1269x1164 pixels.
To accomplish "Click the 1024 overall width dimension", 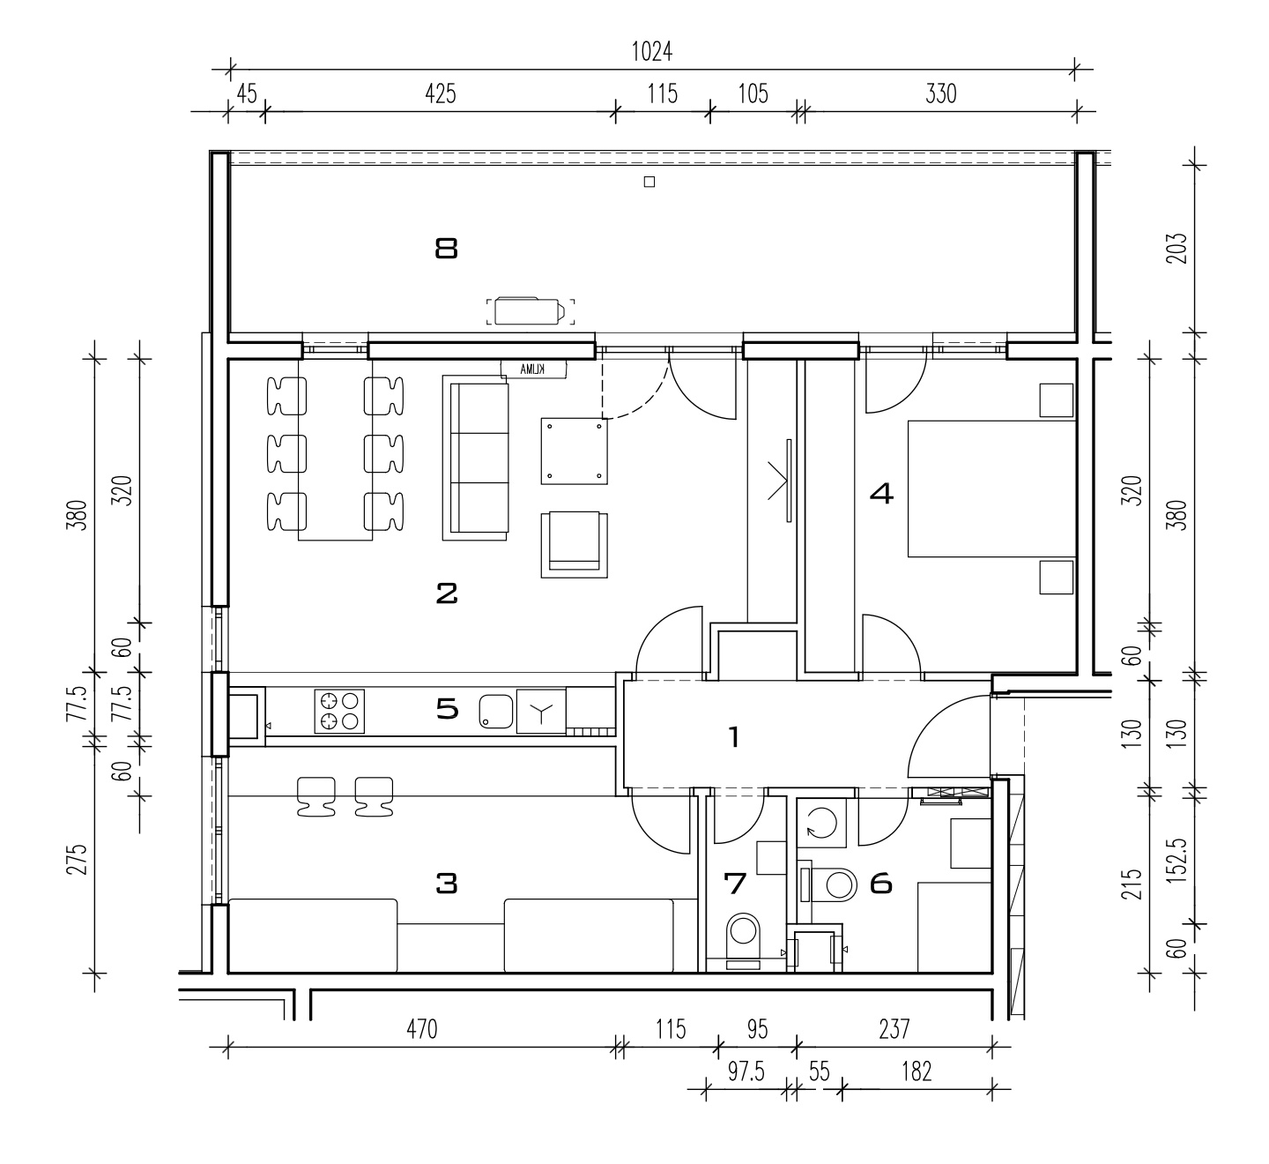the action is click(x=651, y=52).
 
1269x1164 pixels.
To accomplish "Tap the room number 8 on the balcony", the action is click(x=447, y=249).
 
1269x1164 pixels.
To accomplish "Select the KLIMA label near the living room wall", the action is click(x=532, y=369).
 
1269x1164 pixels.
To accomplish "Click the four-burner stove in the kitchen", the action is click(x=339, y=711).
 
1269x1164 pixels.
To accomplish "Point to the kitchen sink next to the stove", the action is click(x=496, y=712).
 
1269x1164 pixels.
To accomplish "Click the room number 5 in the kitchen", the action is click(x=448, y=709).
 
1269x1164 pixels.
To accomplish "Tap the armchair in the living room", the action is click(x=575, y=545).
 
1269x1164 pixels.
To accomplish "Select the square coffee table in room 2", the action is click(x=575, y=451).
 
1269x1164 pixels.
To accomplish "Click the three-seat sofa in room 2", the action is click(x=475, y=458).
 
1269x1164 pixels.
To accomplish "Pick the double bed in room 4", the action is click(x=992, y=489).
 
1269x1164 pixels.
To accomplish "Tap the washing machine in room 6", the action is click(x=821, y=823).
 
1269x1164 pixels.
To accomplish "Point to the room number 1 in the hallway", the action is click(x=734, y=737).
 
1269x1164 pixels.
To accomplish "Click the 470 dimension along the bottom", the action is click(x=422, y=1029).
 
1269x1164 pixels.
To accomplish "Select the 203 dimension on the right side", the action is click(x=1176, y=249).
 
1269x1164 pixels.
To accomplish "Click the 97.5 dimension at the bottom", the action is click(x=746, y=1071).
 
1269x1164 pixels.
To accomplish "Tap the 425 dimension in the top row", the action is click(x=441, y=94).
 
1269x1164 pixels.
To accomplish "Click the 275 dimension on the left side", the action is click(x=78, y=860).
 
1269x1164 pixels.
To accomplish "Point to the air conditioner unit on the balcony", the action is click(x=531, y=311).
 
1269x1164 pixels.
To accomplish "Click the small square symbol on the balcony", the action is click(x=649, y=182).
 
